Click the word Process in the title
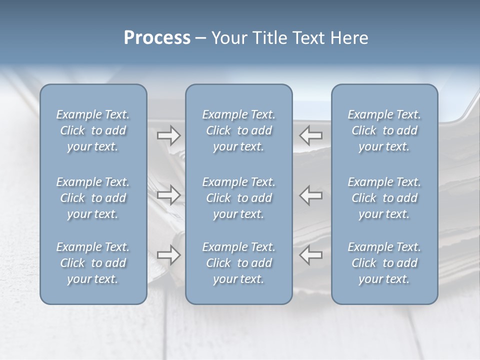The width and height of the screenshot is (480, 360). pyautogui.click(x=157, y=38)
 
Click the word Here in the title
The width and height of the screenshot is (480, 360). pyautogui.click(x=350, y=38)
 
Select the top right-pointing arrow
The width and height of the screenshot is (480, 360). pyautogui.click(x=168, y=135)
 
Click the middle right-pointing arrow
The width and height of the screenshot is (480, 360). pyautogui.click(x=168, y=195)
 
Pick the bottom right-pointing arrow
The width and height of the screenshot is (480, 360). pyautogui.click(x=168, y=255)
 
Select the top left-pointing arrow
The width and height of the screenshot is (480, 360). pyautogui.click(x=311, y=135)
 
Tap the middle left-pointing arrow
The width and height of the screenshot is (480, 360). pyautogui.click(x=311, y=195)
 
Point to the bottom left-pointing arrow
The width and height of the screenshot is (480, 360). pyautogui.click(x=311, y=255)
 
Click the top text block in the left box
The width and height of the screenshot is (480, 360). pyautogui.click(x=93, y=130)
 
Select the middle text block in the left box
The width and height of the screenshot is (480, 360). pyautogui.click(x=93, y=198)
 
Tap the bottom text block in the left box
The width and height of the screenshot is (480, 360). pyautogui.click(x=93, y=263)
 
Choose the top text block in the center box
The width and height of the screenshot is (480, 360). pyautogui.click(x=238, y=130)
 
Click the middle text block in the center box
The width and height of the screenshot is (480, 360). pyautogui.click(x=238, y=198)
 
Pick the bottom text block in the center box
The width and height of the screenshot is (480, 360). pyautogui.click(x=238, y=263)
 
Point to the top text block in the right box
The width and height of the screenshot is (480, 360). pyautogui.click(x=384, y=130)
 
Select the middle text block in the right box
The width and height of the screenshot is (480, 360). pyautogui.click(x=384, y=198)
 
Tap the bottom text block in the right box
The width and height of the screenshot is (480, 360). pyautogui.click(x=384, y=263)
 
